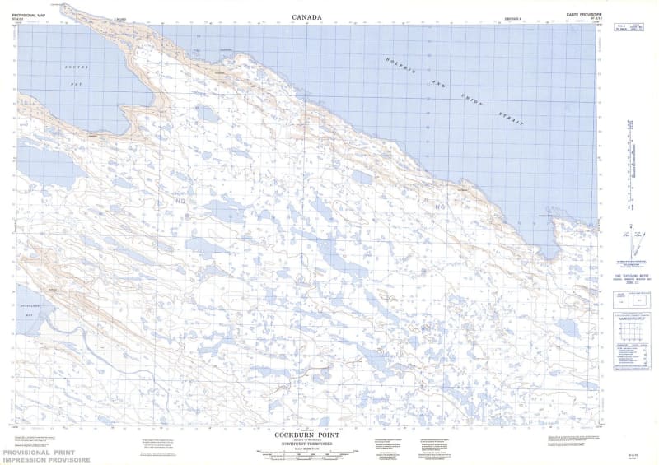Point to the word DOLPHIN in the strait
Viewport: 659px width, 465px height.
point(401,66)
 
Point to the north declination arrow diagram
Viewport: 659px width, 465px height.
point(630,244)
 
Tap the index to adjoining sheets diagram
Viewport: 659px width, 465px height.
point(629,337)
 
